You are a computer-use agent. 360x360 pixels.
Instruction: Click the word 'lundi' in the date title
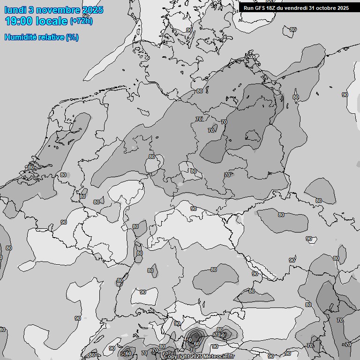click(15, 10)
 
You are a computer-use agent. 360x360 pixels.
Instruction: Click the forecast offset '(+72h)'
click(81, 21)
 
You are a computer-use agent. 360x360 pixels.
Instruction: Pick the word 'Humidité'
click(21, 37)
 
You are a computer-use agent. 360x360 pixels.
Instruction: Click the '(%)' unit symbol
click(72, 37)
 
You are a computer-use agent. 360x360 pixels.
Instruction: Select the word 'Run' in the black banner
click(248, 8)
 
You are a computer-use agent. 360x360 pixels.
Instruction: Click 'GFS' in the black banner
click(260, 8)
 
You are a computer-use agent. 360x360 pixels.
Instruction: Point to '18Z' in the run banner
click(271, 8)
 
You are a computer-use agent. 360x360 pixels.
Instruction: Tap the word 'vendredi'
click(296, 8)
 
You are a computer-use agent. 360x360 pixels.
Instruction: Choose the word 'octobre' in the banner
click(326, 8)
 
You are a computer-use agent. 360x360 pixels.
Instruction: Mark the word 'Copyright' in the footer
click(177, 357)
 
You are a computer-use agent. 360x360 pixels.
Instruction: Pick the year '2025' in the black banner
click(344, 8)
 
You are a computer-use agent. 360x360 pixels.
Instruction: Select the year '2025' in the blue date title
click(93, 10)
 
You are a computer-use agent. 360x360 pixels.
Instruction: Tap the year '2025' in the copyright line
click(198, 357)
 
